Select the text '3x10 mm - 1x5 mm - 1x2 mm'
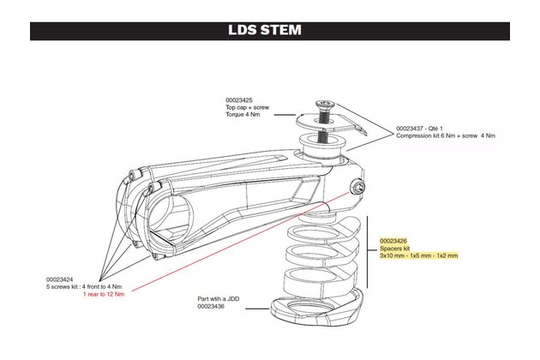tap(419, 255)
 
